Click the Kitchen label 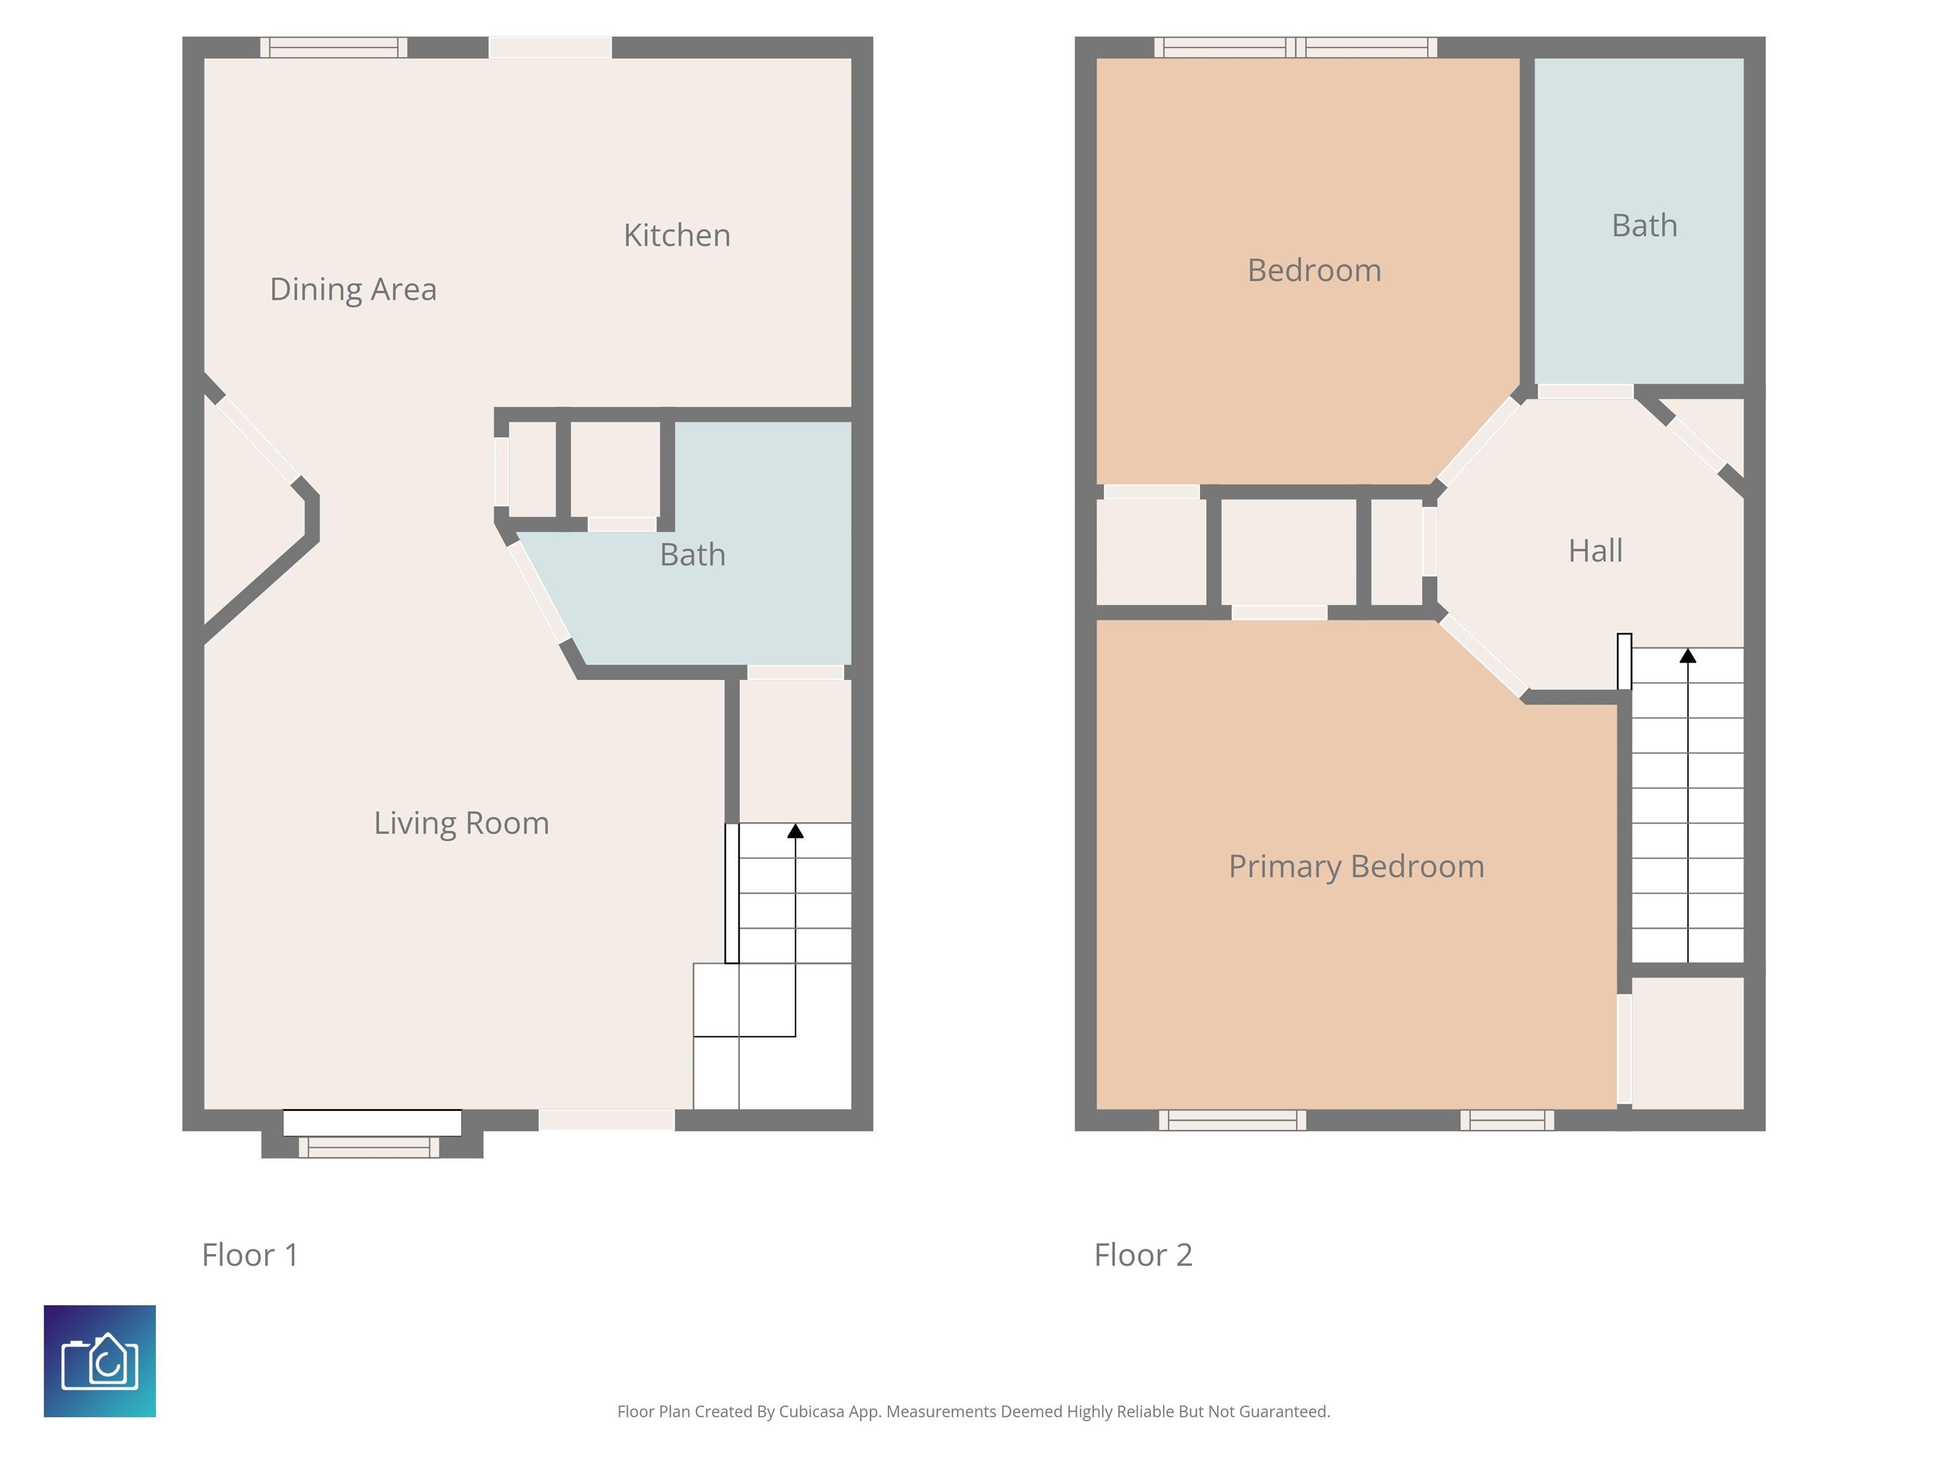(677, 235)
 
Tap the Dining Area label (353, 289)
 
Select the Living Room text (462, 822)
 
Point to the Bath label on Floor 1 (692, 555)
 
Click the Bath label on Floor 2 (1644, 226)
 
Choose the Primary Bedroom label (1356, 867)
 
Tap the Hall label (1595, 550)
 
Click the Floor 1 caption (250, 1255)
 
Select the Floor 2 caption (1143, 1255)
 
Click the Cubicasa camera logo (100, 1361)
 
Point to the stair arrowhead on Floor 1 (795, 831)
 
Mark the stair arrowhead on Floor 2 (1687, 655)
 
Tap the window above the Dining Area (334, 48)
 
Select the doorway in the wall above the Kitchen (550, 48)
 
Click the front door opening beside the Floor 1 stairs (607, 1120)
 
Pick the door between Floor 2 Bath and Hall (1585, 391)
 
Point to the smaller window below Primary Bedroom (1507, 1120)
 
